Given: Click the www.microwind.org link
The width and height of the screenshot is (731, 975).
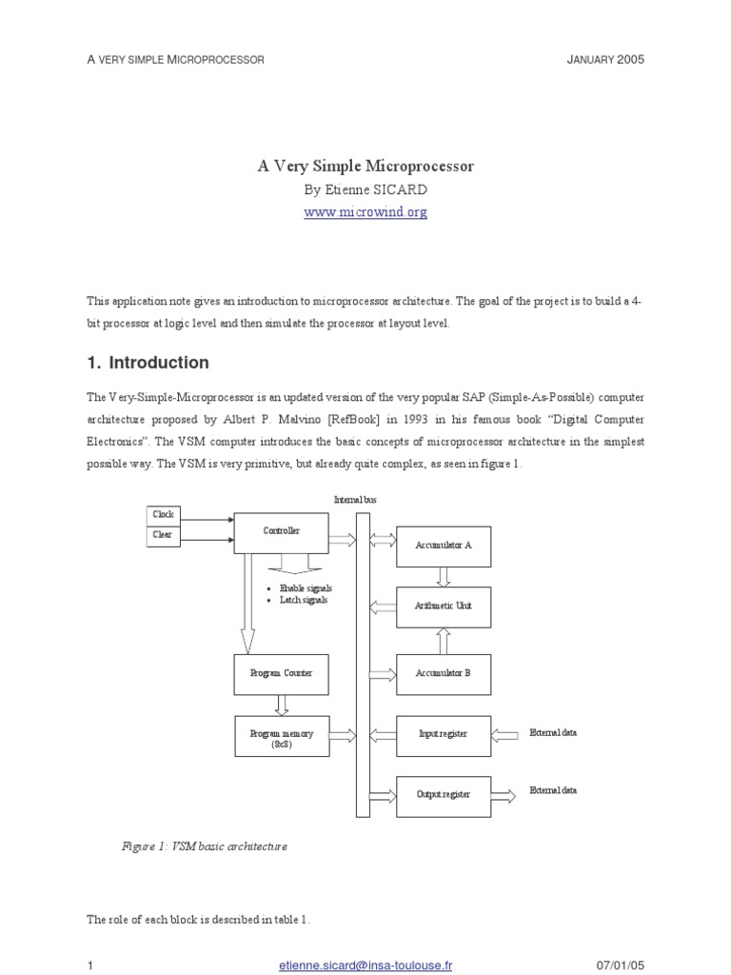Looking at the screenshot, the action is pyautogui.click(x=365, y=211).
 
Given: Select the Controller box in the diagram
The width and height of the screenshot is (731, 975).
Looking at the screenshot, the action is pyautogui.click(x=281, y=533).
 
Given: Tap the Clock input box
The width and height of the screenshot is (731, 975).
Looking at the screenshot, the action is pyautogui.click(x=164, y=515).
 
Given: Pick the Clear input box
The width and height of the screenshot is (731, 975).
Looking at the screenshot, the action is pyautogui.click(x=164, y=536).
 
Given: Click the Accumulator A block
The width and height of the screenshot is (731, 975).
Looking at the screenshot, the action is pyautogui.click(x=444, y=547).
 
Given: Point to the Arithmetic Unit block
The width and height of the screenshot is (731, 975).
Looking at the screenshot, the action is pyautogui.click(x=444, y=607).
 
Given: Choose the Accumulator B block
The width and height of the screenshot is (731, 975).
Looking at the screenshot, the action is pyautogui.click(x=444, y=674).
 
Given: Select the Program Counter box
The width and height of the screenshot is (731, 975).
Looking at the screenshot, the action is pyautogui.click(x=281, y=674).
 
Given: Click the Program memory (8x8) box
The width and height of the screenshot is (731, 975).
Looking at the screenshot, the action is pyautogui.click(x=282, y=736).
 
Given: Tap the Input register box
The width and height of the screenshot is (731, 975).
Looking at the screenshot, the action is pyautogui.click(x=444, y=736).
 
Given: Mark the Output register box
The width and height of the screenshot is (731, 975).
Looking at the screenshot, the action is pyautogui.click(x=444, y=797).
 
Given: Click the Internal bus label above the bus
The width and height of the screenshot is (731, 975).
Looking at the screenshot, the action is pyautogui.click(x=355, y=499).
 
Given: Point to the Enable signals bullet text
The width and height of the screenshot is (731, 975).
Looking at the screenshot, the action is pyautogui.click(x=306, y=588).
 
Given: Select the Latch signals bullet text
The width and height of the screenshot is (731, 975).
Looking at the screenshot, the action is pyautogui.click(x=304, y=600).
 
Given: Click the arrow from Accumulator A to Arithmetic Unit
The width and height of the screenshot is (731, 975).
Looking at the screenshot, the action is pyautogui.click(x=444, y=577).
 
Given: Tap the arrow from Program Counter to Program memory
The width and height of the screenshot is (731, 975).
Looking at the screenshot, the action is pyautogui.click(x=282, y=706).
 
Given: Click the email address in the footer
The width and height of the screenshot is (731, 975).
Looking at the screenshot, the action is pyautogui.click(x=365, y=965).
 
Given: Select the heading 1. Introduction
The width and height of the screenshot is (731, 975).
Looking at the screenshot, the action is pyautogui.click(x=148, y=363).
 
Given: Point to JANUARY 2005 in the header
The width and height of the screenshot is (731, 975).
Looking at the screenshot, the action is pyautogui.click(x=605, y=60).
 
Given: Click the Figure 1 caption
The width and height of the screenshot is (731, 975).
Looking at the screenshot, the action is pyautogui.click(x=205, y=846).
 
